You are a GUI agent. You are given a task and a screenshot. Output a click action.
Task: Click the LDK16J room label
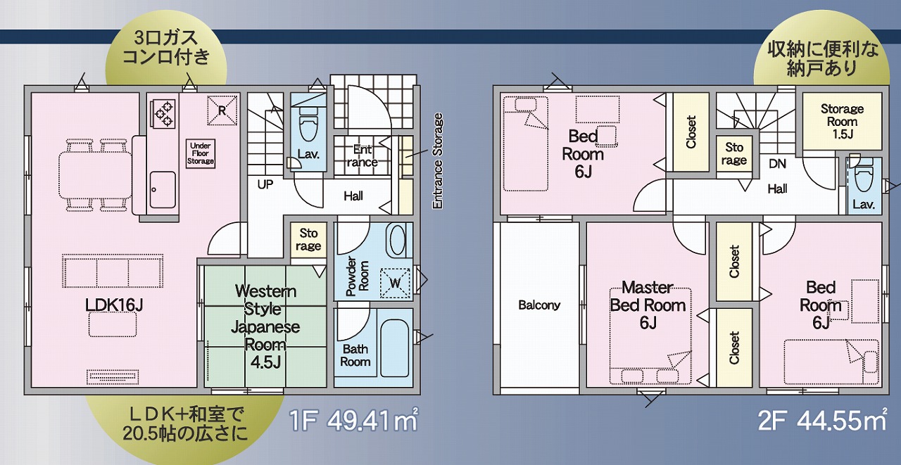coord(114,305)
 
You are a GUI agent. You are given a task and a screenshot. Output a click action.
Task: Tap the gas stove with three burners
coord(163,114)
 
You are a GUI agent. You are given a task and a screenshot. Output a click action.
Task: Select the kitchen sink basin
coord(163,190)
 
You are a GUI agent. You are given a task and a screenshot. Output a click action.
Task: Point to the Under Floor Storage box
coord(201,153)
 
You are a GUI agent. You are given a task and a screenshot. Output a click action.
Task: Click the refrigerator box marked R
coord(222,110)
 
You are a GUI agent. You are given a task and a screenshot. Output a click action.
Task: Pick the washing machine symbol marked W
coord(395,283)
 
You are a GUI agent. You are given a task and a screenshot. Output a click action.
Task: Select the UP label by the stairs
coord(265,184)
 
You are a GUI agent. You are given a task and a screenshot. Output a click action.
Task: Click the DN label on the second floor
coord(777,164)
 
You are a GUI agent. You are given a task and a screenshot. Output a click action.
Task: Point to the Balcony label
coord(539,305)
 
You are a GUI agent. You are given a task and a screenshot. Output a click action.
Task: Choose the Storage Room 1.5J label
coord(842,122)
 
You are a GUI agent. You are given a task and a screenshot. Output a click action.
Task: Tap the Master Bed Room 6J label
coord(648,305)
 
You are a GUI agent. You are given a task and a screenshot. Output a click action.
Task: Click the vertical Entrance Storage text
coord(438,161)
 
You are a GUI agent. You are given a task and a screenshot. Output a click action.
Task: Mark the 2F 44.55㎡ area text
coord(823,421)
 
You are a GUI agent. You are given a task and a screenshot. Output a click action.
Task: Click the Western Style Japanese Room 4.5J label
coord(265,326)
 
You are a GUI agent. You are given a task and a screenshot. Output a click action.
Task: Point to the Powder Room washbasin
coord(397,240)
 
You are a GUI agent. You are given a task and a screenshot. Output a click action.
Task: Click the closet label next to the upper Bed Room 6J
coord(691,132)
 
